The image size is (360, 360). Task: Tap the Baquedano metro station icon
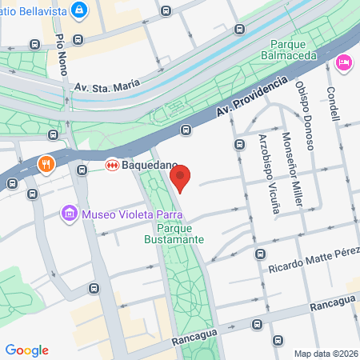113,165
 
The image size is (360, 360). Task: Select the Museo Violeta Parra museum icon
70,214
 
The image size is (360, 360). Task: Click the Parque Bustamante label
174,233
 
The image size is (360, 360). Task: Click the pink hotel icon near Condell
345,62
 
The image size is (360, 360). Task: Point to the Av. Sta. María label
106,82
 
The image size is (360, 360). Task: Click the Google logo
27,350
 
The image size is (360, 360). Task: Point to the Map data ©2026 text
326,354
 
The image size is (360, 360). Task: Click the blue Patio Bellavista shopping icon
80,10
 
